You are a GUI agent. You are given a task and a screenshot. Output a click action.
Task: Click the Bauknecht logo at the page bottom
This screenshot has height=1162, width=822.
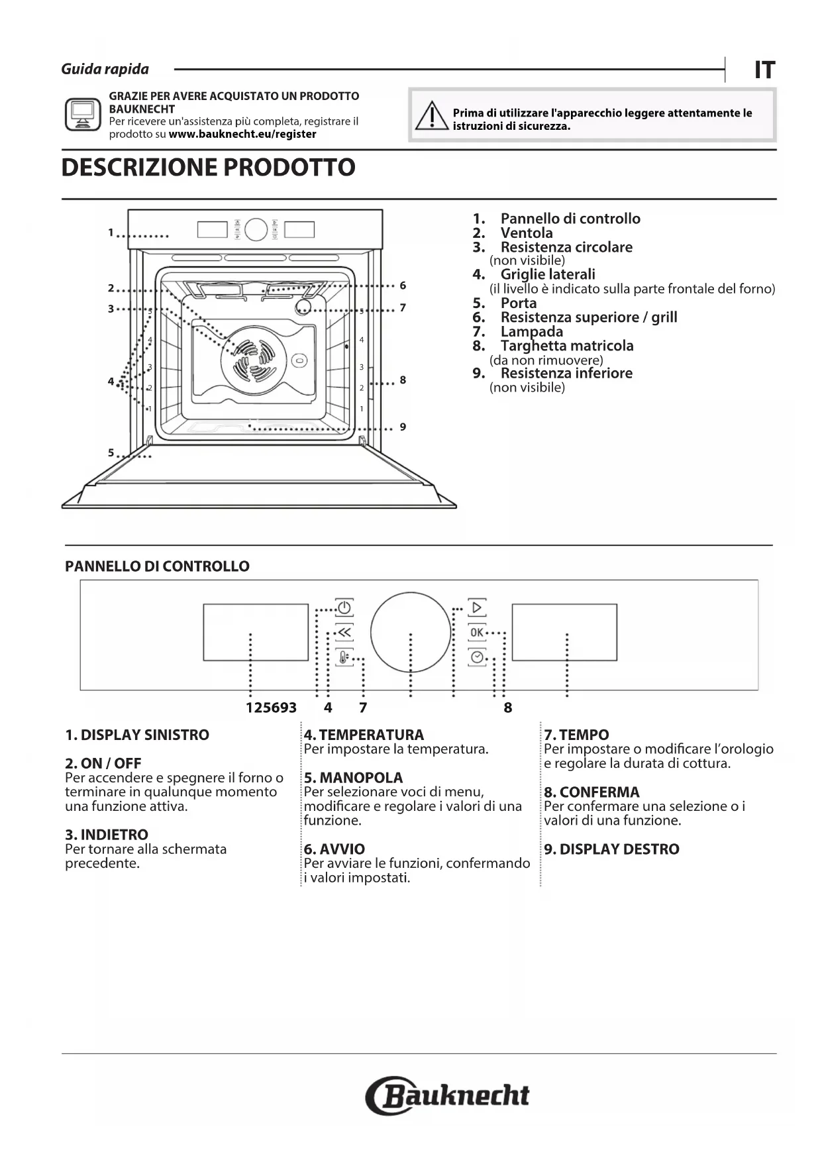[x=448, y=1096]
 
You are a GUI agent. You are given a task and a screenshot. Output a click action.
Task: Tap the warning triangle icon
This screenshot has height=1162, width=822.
[x=431, y=117]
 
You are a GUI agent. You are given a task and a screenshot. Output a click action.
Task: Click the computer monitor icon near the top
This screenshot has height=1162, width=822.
[x=83, y=115]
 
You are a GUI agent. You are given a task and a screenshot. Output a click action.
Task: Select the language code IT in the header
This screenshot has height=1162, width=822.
[x=764, y=70]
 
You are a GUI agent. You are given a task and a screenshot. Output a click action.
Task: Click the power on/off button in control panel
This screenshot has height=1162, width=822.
[x=344, y=607]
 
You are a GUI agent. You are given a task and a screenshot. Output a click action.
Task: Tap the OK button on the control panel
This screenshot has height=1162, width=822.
[x=477, y=632]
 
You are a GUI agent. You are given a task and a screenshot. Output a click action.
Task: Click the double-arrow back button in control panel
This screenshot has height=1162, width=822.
[x=344, y=633]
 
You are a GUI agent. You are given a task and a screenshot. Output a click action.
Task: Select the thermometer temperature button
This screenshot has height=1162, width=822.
[x=344, y=658]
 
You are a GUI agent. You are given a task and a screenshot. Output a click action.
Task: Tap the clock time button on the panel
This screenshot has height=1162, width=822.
[x=477, y=657]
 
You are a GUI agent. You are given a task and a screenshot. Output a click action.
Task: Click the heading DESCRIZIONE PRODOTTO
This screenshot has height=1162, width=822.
[x=208, y=168]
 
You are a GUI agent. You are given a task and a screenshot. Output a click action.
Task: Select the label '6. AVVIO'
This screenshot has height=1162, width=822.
[x=334, y=849]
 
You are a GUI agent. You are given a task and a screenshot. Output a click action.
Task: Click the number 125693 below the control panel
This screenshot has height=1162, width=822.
[x=271, y=708]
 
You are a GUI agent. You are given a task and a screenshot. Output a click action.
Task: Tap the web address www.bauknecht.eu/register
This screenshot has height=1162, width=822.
[x=242, y=134]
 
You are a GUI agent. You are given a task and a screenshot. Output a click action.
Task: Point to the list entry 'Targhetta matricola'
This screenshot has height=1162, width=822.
[x=566, y=346]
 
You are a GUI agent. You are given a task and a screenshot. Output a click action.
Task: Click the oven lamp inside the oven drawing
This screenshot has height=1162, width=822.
[x=303, y=306]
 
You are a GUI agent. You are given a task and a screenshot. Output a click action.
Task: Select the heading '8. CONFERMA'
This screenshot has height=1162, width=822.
[x=591, y=792]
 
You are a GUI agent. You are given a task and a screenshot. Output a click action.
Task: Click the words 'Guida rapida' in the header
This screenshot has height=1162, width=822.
[x=105, y=69]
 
